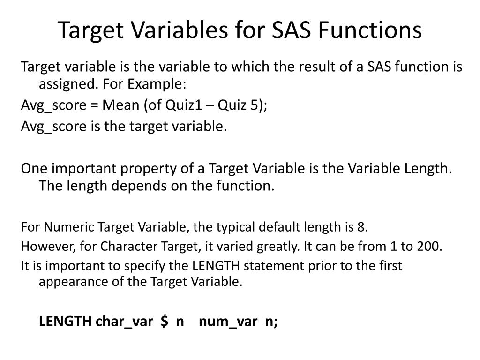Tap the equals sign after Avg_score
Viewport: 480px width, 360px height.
(x=92, y=105)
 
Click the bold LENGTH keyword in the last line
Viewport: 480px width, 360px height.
(x=66, y=322)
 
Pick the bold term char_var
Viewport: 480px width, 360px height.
(x=124, y=322)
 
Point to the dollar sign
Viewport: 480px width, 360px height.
(x=164, y=322)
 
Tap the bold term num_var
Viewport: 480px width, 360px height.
(x=228, y=322)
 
